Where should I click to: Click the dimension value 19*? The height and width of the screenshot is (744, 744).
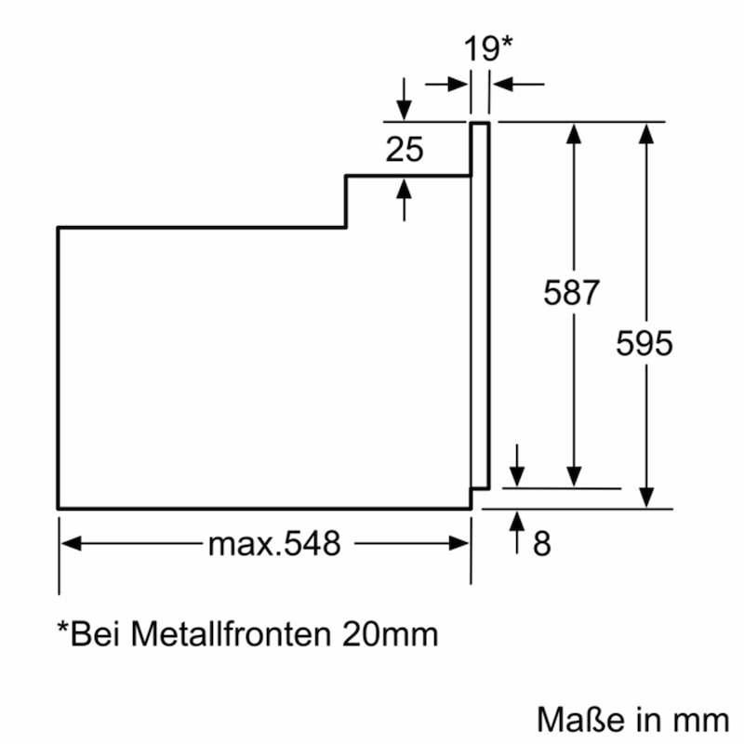tap(488, 48)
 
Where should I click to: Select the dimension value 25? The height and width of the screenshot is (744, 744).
tap(405, 150)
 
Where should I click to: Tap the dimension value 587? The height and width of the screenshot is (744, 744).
tap(571, 292)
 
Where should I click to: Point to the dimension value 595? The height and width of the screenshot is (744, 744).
tap(644, 342)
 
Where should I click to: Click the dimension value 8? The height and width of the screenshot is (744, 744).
tap(542, 543)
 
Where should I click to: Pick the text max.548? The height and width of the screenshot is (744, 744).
tap(274, 543)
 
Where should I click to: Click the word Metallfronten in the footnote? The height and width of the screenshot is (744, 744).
tap(231, 633)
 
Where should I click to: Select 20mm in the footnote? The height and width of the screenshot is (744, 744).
tap(390, 634)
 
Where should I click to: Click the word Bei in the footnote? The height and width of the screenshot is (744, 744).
tap(94, 633)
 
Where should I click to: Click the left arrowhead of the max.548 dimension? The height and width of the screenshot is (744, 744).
tap(71, 543)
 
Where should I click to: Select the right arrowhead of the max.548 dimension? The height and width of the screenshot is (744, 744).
tap(458, 543)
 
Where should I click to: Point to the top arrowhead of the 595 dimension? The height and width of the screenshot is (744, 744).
tap(646, 133)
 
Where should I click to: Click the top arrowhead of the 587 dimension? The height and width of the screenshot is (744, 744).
tap(574, 133)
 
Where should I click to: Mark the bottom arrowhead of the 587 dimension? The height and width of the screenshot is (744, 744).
tap(574, 477)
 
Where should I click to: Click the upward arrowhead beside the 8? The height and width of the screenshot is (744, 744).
tap(517, 521)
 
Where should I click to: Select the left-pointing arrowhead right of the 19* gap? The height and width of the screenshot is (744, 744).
tap(503, 85)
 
